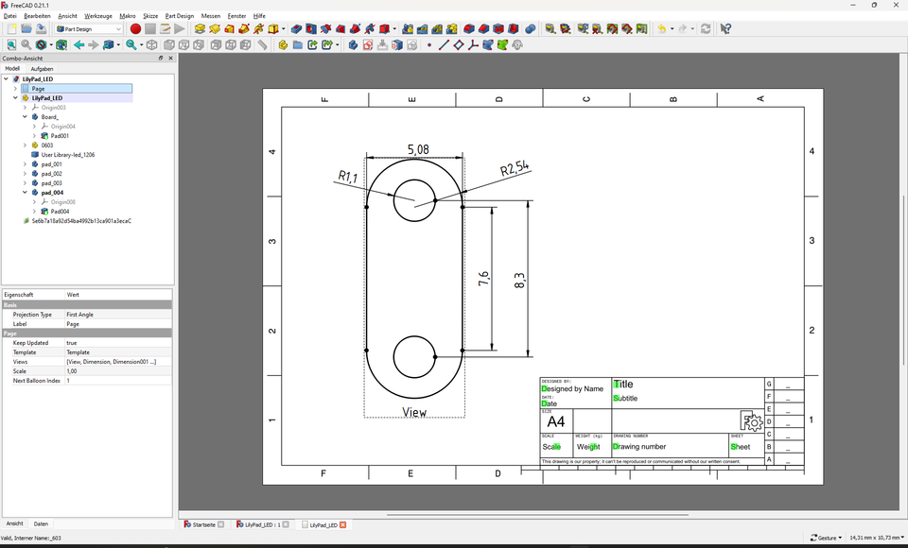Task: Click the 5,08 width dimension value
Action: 417,149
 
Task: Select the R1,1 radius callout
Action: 349,176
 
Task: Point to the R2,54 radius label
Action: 515,169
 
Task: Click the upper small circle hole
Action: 414,200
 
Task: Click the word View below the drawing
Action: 414,412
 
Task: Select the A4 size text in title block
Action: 556,421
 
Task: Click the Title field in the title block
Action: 624,385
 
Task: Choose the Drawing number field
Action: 640,447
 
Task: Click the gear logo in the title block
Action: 752,421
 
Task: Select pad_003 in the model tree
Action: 52,183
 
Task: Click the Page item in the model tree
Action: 38,89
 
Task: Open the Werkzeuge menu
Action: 98,16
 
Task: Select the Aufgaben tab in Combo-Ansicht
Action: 42,69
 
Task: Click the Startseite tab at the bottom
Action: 203,524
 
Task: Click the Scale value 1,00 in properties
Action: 72,371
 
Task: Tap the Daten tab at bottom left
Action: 41,523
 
